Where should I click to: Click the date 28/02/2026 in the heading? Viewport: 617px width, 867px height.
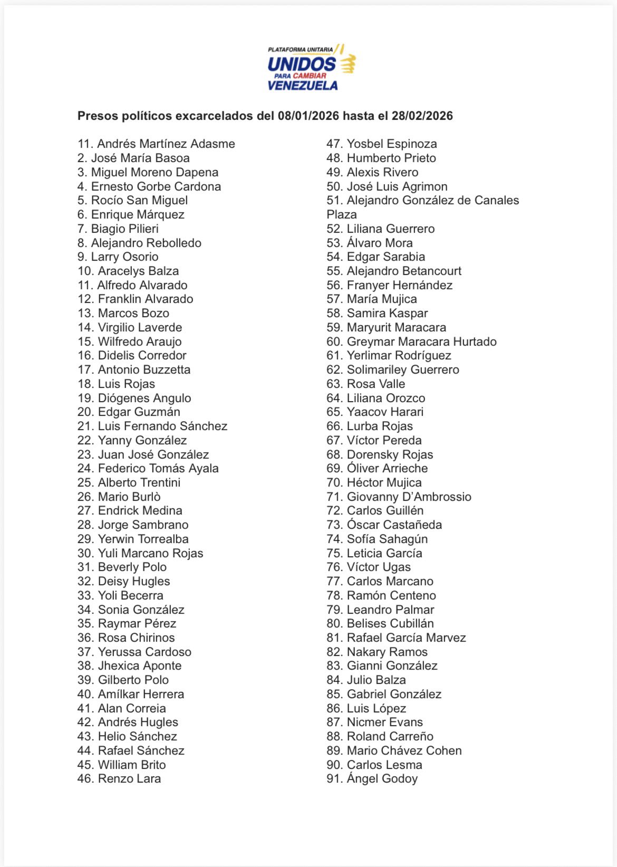click(x=422, y=116)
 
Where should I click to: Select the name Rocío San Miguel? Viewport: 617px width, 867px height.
click(x=139, y=201)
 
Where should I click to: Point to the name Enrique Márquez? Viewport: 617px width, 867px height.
click(x=138, y=215)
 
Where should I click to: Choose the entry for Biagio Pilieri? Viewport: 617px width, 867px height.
click(x=124, y=229)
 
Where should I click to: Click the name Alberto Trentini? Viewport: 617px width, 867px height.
click(x=139, y=483)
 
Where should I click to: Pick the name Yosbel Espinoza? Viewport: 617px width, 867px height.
click(x=392, y=144)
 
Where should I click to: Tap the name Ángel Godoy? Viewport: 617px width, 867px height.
click(x=382, y=779)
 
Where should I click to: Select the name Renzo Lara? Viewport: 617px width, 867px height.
click(x=129, y=779)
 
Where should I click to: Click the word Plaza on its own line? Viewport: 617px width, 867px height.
click(x=342, y=215)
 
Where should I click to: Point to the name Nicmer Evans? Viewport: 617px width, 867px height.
click(x=384, y=722)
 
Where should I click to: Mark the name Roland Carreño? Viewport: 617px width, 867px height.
click(x=390, y=737)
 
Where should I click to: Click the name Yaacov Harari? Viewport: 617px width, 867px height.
click(x=385, y=412)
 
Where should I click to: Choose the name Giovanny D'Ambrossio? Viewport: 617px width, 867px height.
click(x=409, y=497)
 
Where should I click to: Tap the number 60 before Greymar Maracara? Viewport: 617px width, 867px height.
click(x=334, y=342)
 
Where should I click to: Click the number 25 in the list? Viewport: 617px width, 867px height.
click(x=85, y=483)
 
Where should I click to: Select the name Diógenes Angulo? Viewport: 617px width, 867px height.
click(x=144, y=398)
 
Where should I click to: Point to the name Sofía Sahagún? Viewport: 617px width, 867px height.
click(x=387, y=539)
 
